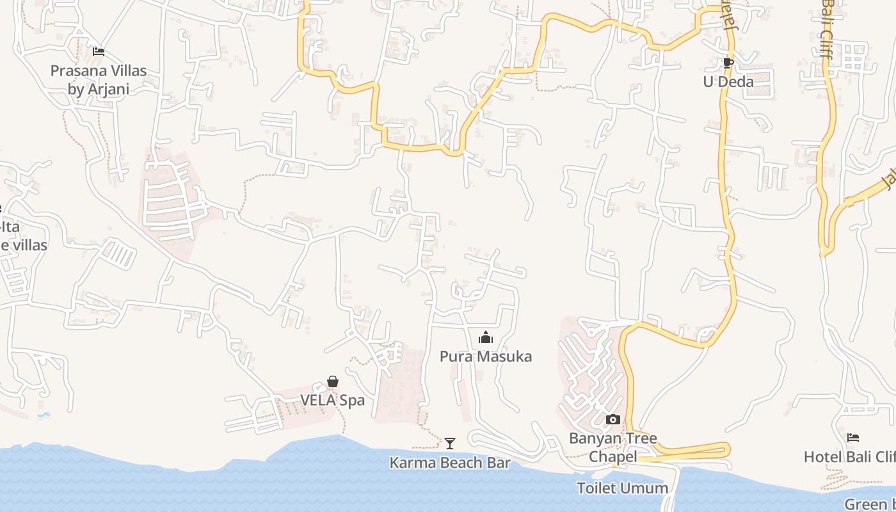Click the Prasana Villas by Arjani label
(x=99, y=80)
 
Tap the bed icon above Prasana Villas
(x=99, y=51)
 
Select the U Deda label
(x=728, y=82)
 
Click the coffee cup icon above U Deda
(x=728, y=63)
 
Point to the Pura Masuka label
(x=486, y=356)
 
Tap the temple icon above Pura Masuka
(x=486, y=337)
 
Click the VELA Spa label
(x=333, y=401)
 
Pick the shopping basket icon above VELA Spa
(x=333, y=382)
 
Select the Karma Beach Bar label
(x=451, y=463)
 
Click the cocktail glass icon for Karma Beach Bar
(x=451, y=443)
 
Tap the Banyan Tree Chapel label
(x=613, y=447)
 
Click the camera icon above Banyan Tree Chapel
(x=613, y=420)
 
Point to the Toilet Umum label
(x=623, y=488)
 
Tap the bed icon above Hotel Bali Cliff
(x=853, y=438)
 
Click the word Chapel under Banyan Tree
(x=613, y=457)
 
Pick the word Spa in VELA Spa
(x=353, y=401)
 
